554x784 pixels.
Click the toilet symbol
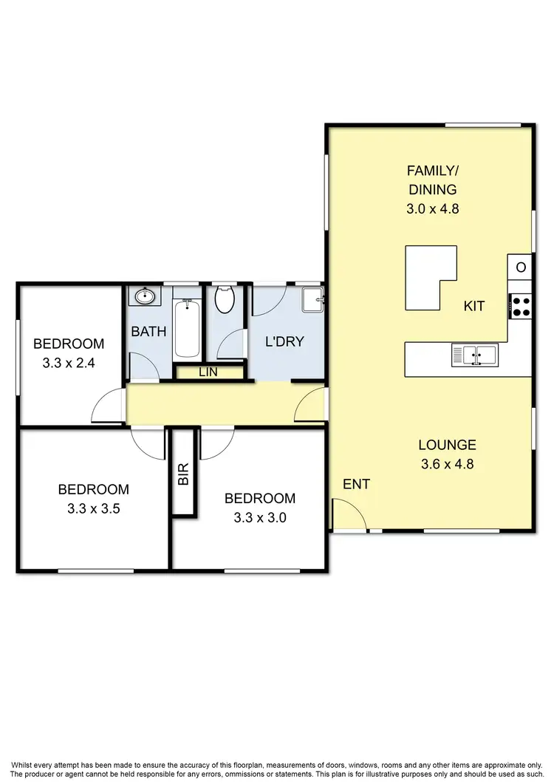click(225, 301)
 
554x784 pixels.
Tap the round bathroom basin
click(143, 297)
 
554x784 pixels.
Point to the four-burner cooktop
click(521, 306)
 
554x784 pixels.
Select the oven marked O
click(521, 267)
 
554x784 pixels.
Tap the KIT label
click(474, 306)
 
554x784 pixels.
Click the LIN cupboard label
click(208, 372)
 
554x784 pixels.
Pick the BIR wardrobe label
click(184, 473)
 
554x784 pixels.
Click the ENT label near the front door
click(356, 484)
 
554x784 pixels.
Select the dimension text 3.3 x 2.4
click(69, 363)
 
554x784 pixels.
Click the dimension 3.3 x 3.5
click(93, 508)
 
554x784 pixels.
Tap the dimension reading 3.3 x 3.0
click(259, 517)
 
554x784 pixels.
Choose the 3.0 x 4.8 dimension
click(433, 209)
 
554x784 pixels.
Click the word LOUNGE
click(447, 445)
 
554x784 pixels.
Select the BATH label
click(148, 332)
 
